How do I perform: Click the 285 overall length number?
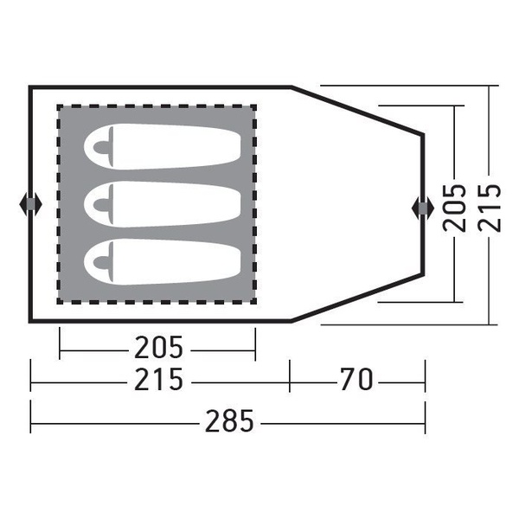229,420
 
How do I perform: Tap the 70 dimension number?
356,380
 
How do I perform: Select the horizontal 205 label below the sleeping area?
158,347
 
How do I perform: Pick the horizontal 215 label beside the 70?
158,380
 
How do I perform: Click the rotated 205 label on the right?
454,208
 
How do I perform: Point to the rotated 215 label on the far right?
490,208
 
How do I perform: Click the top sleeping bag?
163,147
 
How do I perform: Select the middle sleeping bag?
163,204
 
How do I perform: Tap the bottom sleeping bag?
163,261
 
